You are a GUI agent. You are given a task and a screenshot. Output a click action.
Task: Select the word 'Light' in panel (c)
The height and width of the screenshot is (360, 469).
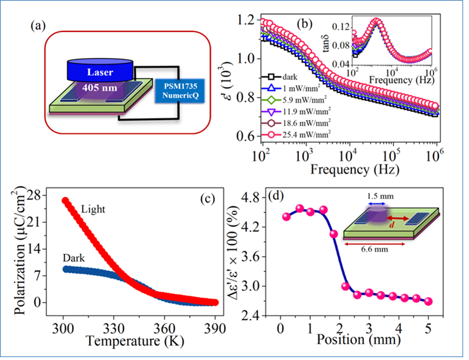pyautogui.click(x=94, y=210)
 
